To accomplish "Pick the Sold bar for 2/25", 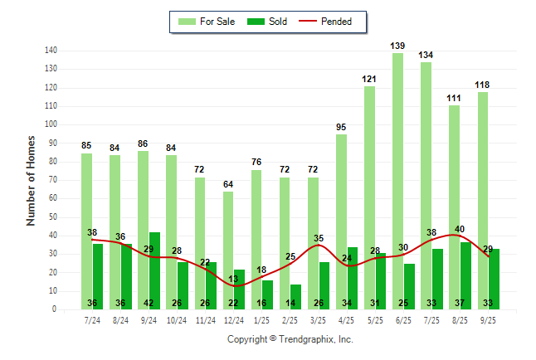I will (295, 297).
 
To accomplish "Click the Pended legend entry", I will (338, 22).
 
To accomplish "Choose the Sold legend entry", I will (268, 22).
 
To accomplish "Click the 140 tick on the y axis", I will (51, 51).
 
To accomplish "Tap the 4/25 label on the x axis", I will (346, 319).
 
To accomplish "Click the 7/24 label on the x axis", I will (92, 319).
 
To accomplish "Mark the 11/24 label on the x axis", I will (205, 319).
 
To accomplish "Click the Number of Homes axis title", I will (32, 180).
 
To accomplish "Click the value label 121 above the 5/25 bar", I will (369, 79).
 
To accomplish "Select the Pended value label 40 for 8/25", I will (460, 229).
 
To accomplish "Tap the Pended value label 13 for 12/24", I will (233, 279).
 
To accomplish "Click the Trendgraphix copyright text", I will (290, 339).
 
